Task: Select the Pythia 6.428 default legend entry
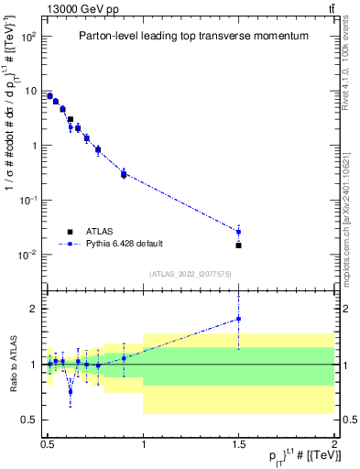pyautogui.click(x=124, y=243)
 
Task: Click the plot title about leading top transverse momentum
pyautogui.click(x=191, y=36)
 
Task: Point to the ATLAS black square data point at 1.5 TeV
pyautogui.click(x=238, y=245)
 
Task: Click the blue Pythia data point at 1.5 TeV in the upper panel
pyautogui.click(x=238, y=231)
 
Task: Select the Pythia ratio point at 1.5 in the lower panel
pyautogui.click(x=238, y=319)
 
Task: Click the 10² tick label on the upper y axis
pyautogui.click(x=28, y=38)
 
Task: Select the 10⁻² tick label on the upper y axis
pyautogui.click(x=28, y=255)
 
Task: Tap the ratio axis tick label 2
pyautogui.click(x=35, y=309)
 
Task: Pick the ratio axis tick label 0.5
pyautogui.click(x=30, y=420)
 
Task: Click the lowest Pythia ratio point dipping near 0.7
pyautogui.click(x=71, y=391)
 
